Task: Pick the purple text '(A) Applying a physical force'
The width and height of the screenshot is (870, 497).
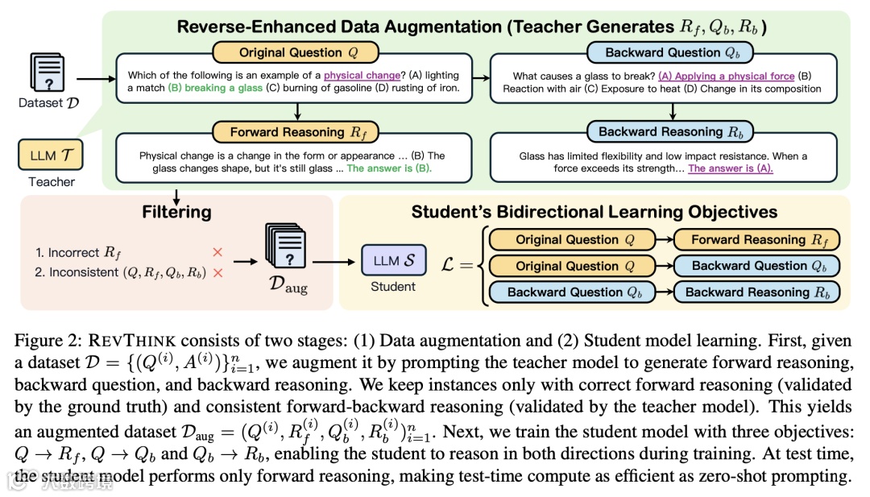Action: click(x=726, y=76)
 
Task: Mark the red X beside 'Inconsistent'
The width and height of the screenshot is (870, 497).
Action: click(x=217, y=272)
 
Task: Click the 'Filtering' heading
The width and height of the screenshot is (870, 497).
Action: click(x=176, y=213)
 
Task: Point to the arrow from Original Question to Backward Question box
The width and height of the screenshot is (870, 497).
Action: click(x=482, y=78)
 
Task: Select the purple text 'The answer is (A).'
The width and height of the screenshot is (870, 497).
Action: click(x=735, y=168)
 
